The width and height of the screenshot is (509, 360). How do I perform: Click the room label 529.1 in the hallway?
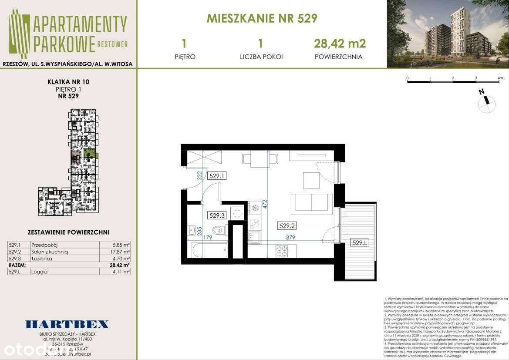[216, 176]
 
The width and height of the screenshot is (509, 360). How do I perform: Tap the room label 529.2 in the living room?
[287, 225]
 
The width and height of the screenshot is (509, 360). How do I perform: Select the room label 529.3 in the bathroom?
[216, 215]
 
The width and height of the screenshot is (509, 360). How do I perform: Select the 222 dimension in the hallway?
[199, 176]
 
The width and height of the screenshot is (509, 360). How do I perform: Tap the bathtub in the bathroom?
[209, 250]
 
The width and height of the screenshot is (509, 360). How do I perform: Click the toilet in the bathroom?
[217, 231]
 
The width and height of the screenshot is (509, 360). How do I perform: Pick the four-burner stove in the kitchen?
[281, 251]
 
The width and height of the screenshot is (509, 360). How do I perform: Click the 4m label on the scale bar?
[500, 79]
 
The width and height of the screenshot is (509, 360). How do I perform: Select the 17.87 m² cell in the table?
[121, 252]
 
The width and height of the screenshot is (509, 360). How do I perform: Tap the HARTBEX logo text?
[67, 324]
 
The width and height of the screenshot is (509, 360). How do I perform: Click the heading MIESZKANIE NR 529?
[262, 18]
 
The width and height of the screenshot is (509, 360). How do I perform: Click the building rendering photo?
[448, 34]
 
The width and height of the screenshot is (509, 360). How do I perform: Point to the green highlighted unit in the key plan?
[90, 153]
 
